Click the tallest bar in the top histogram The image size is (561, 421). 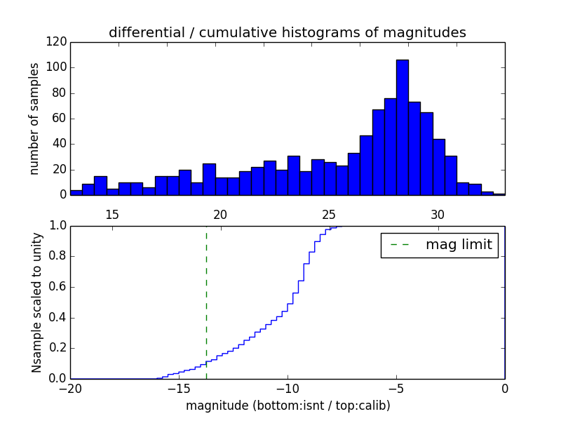(x=402, y=126)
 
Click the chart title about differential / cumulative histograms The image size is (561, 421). (x=288, y=32)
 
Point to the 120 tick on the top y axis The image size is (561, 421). (x=59, y=42)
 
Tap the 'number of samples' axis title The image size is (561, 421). (x=34, y=119)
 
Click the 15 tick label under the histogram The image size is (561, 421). (x=111, y=214)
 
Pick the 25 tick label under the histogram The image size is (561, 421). (x=329, y=214)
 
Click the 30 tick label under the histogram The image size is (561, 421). (x=438, y=214)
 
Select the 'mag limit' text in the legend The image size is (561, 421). (x=459, y=245)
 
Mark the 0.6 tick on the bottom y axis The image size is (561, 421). (x=58, y=287)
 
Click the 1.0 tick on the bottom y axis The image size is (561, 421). (x=58, y=226)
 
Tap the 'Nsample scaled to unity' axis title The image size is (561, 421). (x=36, y=302)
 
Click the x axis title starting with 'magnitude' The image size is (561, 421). (x=288, y=406)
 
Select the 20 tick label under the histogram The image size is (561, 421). (x=220, y=214)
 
